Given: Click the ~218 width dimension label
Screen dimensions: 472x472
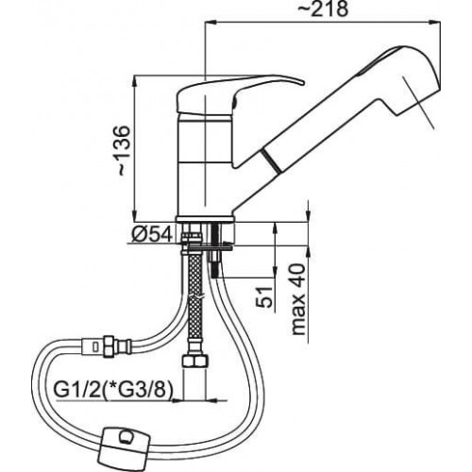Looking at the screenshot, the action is tap(323, 9).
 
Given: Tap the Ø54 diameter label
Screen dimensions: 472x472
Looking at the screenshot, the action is tap(153, 234).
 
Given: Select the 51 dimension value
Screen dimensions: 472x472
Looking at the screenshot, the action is tap(263, 296).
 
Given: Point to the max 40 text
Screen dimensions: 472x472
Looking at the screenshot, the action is tap(298, 299).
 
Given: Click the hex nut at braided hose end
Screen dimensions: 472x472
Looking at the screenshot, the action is tap(194, 361).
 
